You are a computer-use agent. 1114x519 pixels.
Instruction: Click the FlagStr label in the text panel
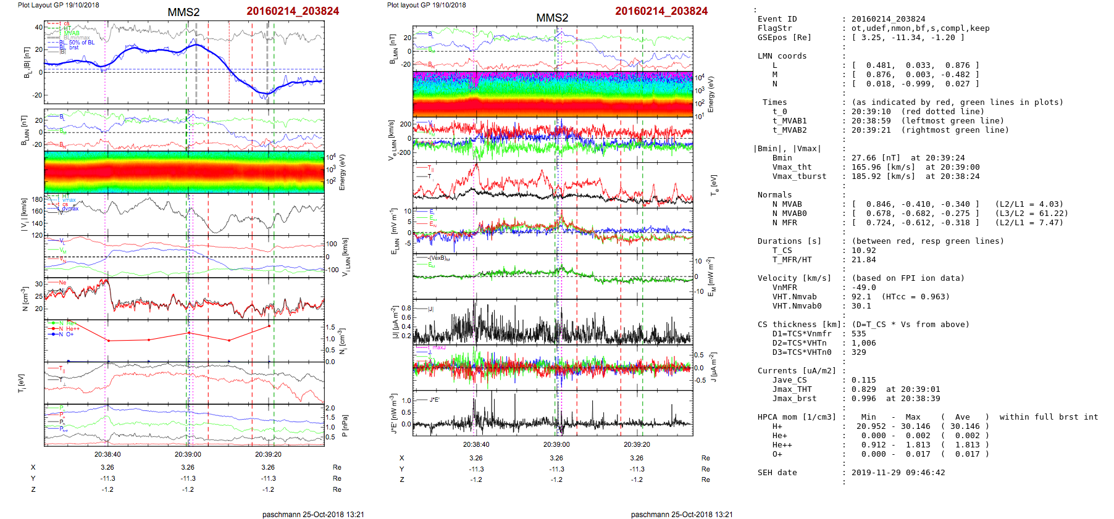[774, 28]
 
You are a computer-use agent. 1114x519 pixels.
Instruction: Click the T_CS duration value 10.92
[863, 251]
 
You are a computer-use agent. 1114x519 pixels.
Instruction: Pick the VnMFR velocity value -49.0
[863, 288]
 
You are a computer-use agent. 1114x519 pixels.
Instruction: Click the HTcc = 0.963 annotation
[916, 297]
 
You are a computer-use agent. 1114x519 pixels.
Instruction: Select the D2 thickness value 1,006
[863, 343]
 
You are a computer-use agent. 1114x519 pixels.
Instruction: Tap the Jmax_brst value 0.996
[863, 399]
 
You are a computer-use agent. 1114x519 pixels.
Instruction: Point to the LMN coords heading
[782, 56]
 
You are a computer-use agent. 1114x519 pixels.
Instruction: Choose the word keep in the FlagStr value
[979, 28]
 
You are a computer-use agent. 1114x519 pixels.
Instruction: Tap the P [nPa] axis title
[344, 425]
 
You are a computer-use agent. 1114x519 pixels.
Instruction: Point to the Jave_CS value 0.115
[863, 380]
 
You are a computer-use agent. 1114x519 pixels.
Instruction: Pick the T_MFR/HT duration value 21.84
[863, 260]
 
